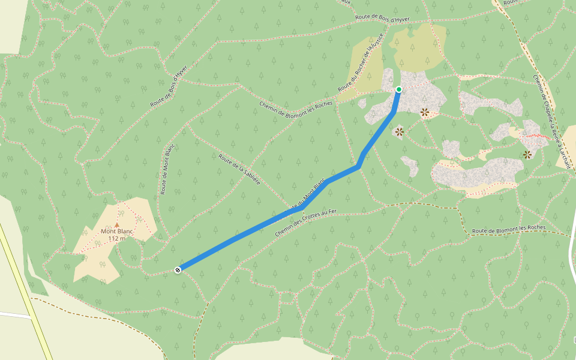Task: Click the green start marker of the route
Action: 398,89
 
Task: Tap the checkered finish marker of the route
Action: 178,270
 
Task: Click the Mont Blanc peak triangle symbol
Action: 117,224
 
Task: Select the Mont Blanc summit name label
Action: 116,231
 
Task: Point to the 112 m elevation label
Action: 116,238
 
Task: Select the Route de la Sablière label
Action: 239,169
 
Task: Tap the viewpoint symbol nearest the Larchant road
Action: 527,155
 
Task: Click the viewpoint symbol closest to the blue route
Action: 399,131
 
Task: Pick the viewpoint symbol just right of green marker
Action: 425,112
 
